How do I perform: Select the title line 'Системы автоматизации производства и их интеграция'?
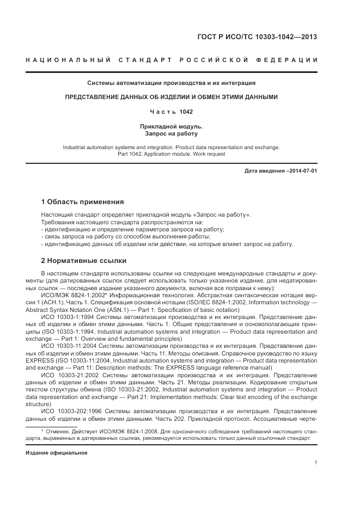pos(172,83)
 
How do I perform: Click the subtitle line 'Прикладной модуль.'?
pos(172,126)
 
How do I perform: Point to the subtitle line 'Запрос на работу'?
pos(172,133)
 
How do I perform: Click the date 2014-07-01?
pos(303,170)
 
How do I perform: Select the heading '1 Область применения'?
pos(82,201)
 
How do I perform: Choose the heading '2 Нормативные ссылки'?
pos(84,260)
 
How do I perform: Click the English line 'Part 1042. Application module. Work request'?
pos(172,154)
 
